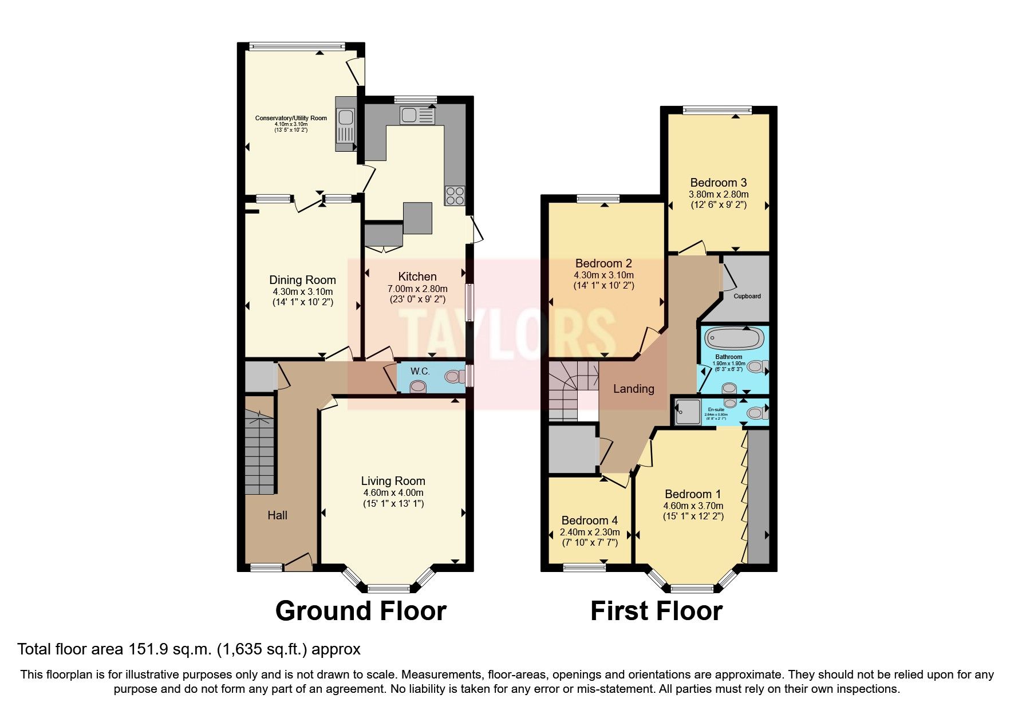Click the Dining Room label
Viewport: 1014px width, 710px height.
[302, 280]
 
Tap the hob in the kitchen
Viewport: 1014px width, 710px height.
[455, 195]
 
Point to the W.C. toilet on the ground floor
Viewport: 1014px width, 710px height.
[454, 377]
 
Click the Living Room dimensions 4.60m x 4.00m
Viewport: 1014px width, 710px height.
[393, 493]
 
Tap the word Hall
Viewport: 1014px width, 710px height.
[278, 515]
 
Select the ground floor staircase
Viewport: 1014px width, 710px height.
[259, 452]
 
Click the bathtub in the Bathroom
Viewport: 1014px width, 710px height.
[733, 338]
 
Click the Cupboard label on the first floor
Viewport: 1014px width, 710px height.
[747, 296]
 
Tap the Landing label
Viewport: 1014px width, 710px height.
[633, 389]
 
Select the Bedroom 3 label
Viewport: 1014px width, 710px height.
[718, 183]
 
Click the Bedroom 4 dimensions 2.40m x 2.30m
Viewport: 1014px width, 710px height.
[589, 532]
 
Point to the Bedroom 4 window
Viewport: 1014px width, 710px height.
[585, 567]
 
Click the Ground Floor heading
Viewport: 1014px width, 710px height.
[361, 611]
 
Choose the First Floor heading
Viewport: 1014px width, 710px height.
[656, 611]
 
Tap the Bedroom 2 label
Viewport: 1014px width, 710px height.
[603, 263]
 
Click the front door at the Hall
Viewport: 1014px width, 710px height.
[298, 562]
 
